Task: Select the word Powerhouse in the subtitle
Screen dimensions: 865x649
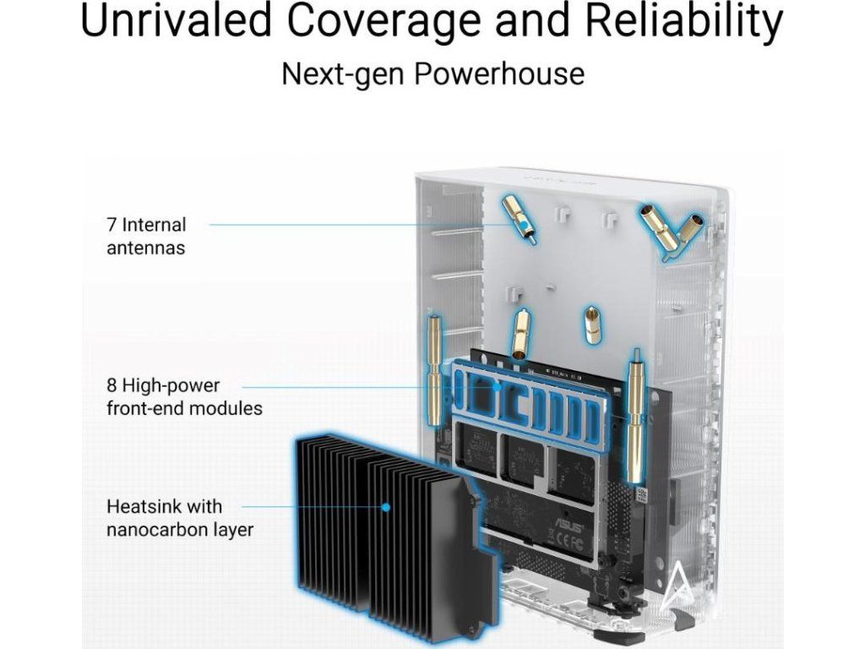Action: [498, 74]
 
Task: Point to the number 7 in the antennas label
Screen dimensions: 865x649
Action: [112, 225]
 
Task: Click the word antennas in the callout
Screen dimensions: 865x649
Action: [145, 248]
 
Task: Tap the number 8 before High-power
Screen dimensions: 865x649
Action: [112, 386]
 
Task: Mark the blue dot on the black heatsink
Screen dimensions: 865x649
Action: [385, 508]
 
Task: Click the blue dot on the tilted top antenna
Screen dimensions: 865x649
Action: [525, 225]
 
